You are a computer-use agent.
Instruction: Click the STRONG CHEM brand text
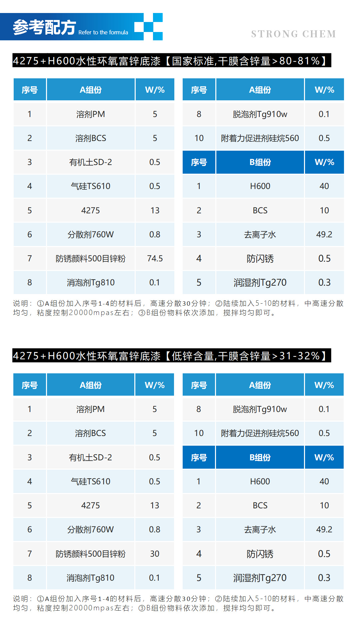click(293, 34)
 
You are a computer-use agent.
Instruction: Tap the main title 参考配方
click(44, 27)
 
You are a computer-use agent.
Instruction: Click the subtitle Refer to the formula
click(103, 32)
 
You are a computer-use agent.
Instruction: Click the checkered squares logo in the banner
click(149, 27)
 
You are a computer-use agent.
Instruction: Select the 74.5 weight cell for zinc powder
click(155, 258)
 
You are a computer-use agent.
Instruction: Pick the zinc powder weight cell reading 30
click(154, 554)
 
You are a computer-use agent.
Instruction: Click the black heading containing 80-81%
click(172, 61)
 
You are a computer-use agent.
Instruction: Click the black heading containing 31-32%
click(172, 356)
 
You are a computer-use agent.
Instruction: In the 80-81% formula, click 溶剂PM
click(90, 114)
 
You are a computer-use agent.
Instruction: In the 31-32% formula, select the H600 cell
click(260, 481)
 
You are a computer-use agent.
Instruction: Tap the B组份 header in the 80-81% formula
click(260, 162)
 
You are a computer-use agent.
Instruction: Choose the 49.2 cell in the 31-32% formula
click(324, 529)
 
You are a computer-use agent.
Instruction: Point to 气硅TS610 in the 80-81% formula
click(90, 186)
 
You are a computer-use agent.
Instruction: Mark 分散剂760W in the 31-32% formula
click(90, 529)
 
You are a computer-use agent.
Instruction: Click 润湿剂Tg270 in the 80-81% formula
click(260, 282)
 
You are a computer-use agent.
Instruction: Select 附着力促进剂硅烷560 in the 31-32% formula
click(260, 433)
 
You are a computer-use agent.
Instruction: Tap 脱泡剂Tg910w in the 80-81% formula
click(260, 114)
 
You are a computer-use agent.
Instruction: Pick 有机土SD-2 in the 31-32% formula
click(90, 457)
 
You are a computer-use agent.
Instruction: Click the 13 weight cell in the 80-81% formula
click(155, 210)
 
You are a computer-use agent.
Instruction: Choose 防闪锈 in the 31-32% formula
click(260, 554)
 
